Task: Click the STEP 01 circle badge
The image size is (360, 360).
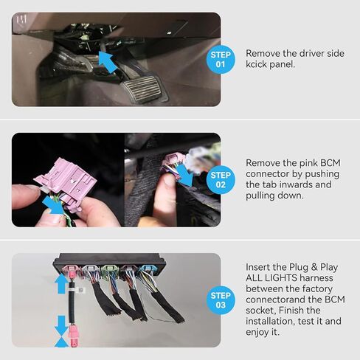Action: pos(221,59)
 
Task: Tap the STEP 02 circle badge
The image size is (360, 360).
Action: pos(221,179)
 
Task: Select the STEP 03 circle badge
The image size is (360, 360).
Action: pos(221,300)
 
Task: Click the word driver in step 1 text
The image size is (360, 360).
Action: pos(316,54)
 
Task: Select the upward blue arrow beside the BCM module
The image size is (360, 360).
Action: pos(60,283)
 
